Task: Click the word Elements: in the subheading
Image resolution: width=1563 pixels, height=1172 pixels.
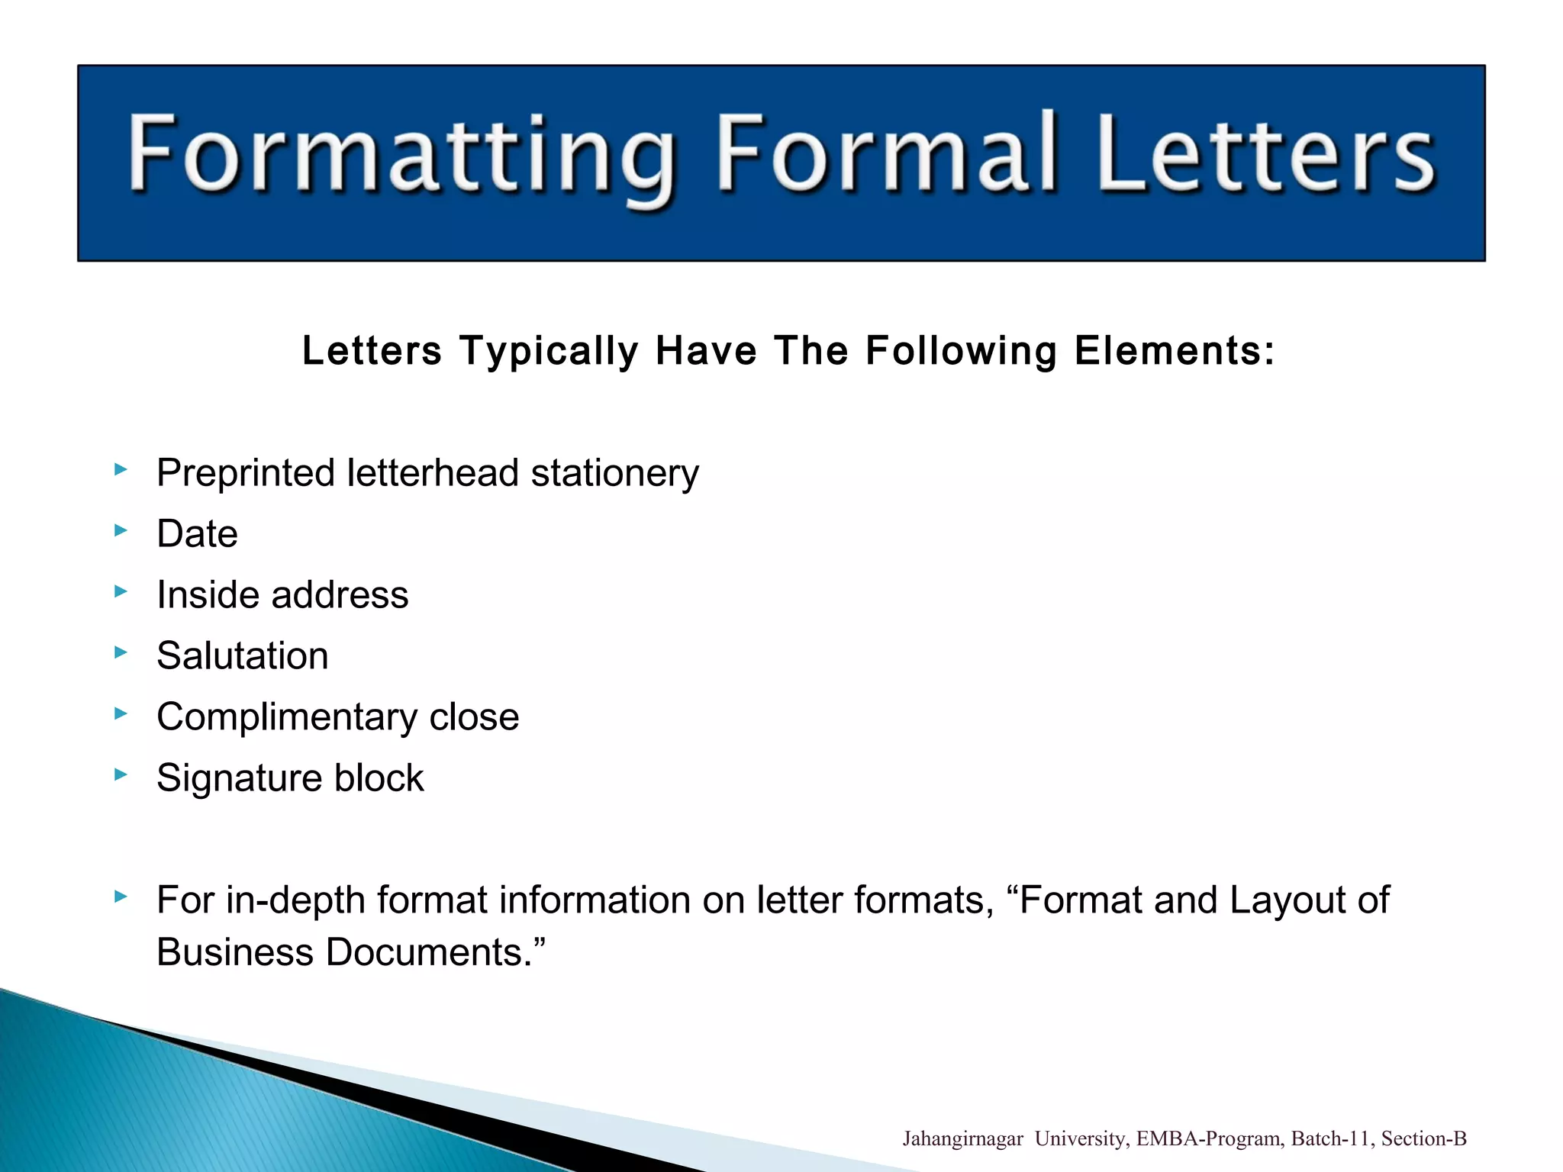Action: point(1175,351)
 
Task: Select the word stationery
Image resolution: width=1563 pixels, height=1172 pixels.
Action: point(614,473)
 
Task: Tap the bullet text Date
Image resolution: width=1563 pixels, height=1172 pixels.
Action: point(197,533)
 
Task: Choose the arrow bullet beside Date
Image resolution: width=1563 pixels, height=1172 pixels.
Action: point(121,530)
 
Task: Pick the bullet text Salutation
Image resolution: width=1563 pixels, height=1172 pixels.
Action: point(242,655)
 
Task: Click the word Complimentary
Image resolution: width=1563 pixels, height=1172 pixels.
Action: point(287,717)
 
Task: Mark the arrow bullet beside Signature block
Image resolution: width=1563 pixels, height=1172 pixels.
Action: point(121,774)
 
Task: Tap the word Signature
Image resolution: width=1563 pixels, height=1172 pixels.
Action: point(239,778)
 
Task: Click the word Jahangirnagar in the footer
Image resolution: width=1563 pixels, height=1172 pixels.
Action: point(962,1139)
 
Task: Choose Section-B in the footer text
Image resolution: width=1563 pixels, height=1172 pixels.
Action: point(1423,1139)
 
